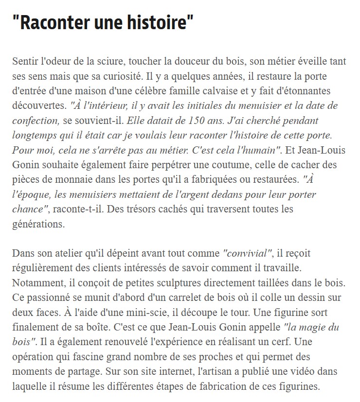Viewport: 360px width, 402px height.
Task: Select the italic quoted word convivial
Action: pos(248,253)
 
